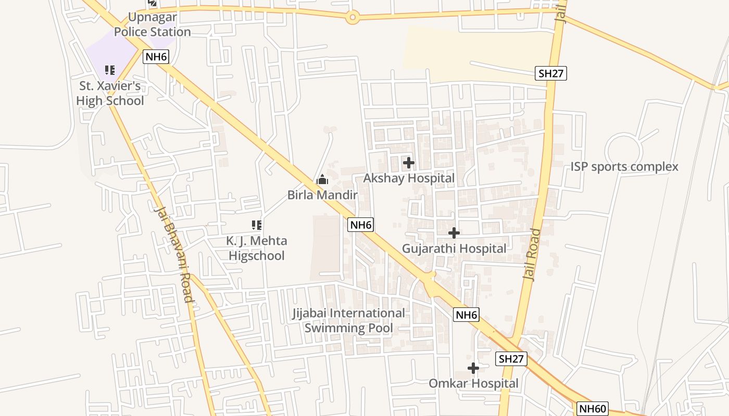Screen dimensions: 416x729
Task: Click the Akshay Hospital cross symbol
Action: coord(409,163)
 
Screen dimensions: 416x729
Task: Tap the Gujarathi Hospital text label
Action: coord(454,249)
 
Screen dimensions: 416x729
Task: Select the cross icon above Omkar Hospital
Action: coord(473,368)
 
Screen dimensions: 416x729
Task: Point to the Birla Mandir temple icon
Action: coord(322,180)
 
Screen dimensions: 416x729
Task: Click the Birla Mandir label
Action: coord(322,195)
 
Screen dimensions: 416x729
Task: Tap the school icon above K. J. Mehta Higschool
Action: coord(257,225)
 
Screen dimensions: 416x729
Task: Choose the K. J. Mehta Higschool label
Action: coord(257,248)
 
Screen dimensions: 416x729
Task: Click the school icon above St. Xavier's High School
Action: coord(110,70)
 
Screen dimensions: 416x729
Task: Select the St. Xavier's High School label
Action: coord(110,93)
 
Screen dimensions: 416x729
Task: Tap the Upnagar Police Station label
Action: coord(152,24)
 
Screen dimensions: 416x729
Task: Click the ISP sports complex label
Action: coord(624,166)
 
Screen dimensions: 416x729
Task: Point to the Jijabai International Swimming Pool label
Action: coord(348,320)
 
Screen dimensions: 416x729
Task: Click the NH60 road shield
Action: coord(593,409)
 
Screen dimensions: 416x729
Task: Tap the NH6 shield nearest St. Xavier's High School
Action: coord(157,57)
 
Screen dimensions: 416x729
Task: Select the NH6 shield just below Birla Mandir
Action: coord(361,225)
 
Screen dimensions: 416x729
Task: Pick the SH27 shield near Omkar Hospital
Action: coord(511,358)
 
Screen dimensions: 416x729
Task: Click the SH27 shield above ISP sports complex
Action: coord(551,73)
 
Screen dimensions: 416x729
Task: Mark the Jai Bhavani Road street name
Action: coord(173,254)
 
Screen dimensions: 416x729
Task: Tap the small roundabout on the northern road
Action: coord(353,18)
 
